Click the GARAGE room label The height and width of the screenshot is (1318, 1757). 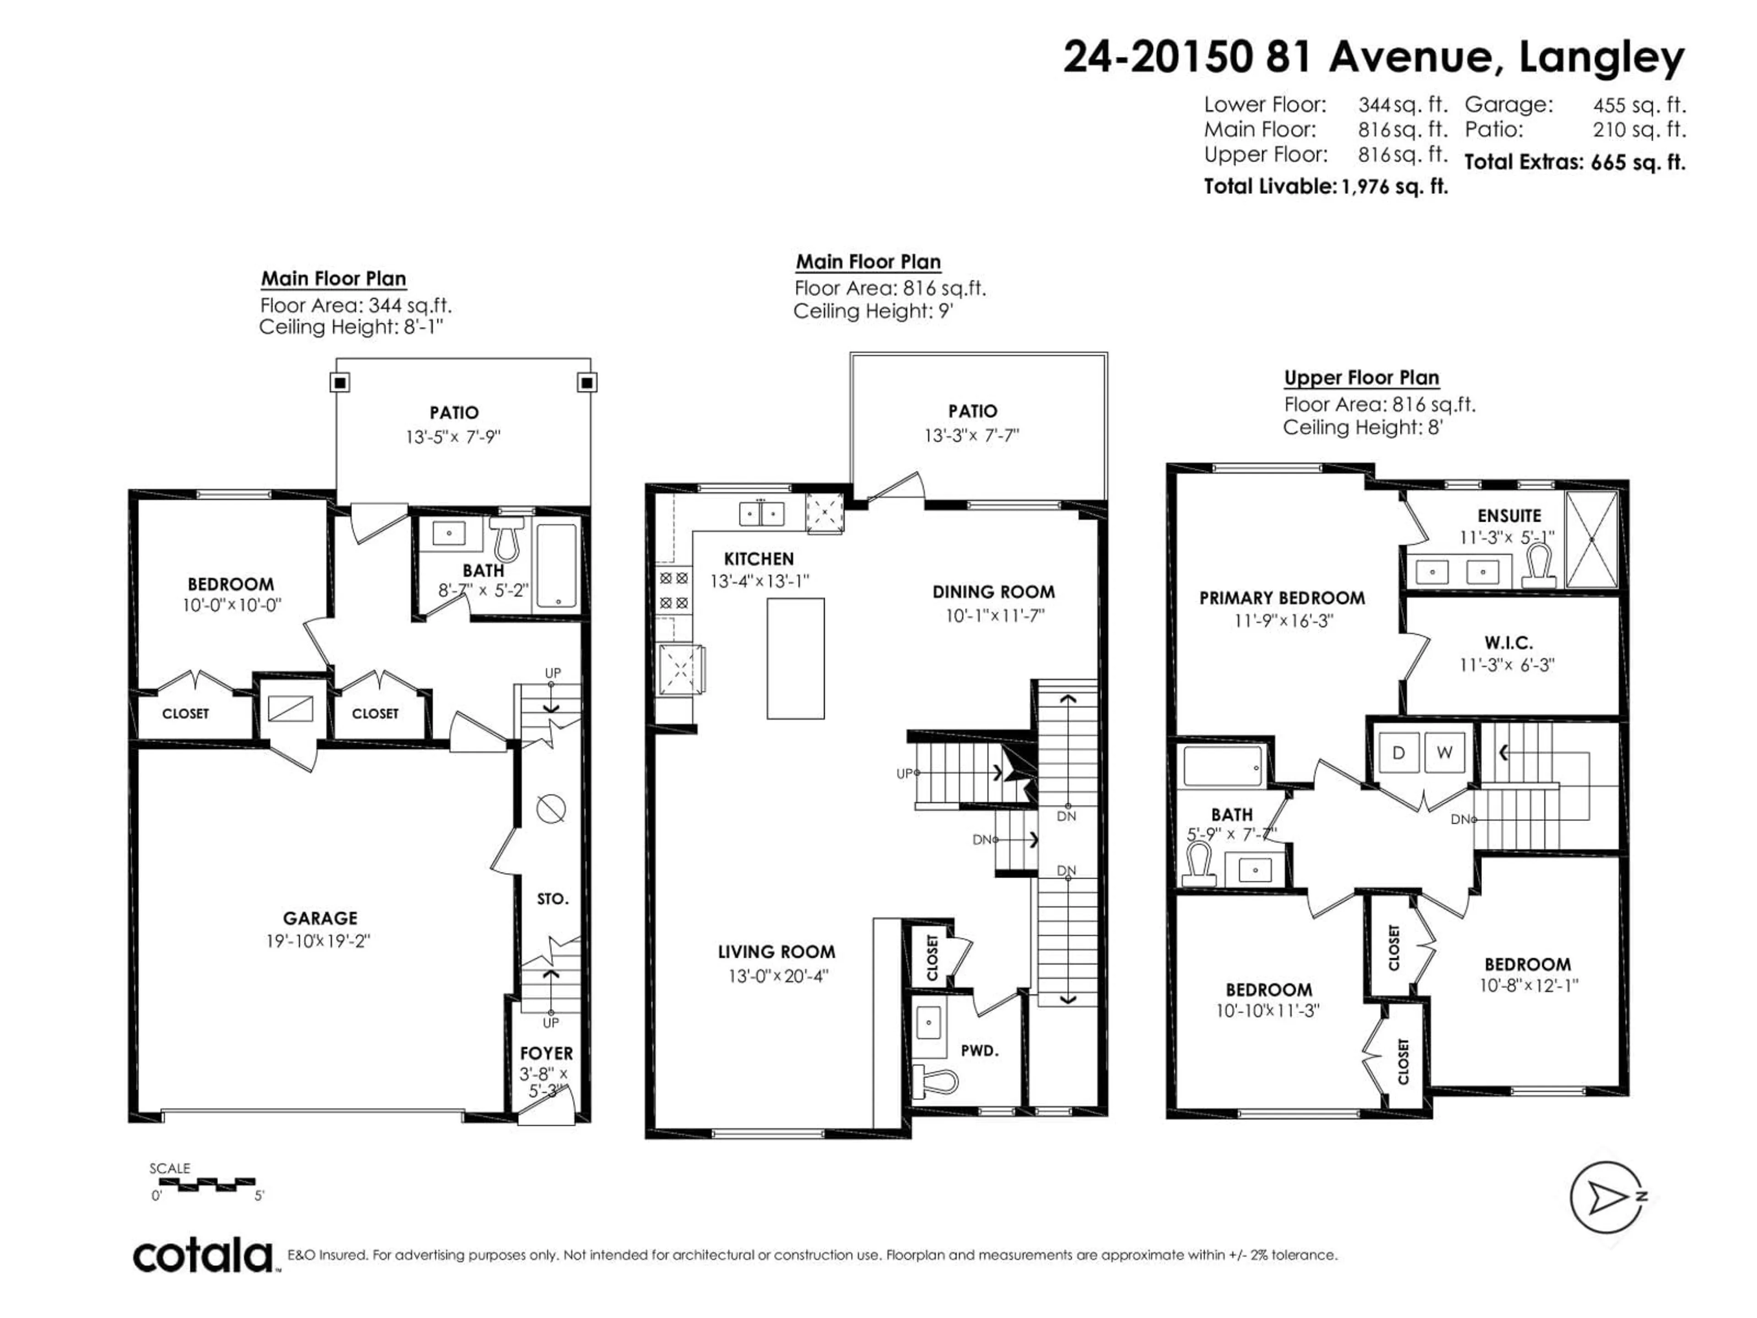[x=320, y=918]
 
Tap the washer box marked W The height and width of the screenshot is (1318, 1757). [x=1444, y=752]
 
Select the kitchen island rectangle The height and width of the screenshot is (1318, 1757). [x=795, y=659]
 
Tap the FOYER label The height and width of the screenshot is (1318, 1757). [x=546, y=1053]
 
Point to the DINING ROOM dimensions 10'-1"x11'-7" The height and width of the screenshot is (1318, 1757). [x=994, y=616]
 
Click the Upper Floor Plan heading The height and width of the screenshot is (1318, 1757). [x=1361, y=378]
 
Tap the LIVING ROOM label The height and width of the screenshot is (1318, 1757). [x=776, y=952]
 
